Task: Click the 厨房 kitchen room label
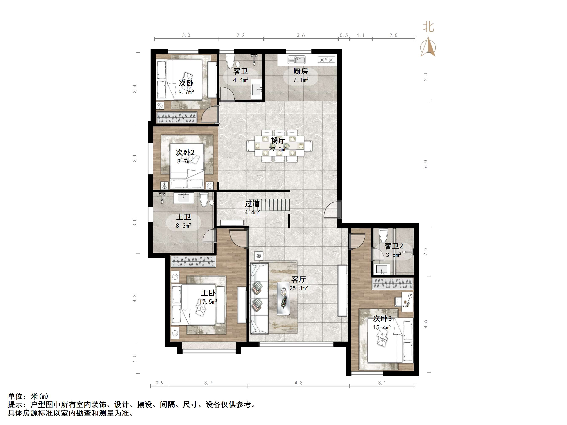[x=300, y=71]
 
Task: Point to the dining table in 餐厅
[x=279, y=146]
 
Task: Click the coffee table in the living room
[x=283, y=298]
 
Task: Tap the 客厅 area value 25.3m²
[x=299, y=288]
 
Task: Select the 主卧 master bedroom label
[x=208, y=293]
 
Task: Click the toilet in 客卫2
[x=384, y=236]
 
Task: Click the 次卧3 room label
[x=382, y=319]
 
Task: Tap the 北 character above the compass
[x=428, y=27]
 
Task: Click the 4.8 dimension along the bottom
[x=298, y=383]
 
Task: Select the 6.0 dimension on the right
[x=426, y=164]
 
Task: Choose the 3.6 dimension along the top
[x=301, y=35]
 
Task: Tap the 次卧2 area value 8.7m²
[x=185, y=161]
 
